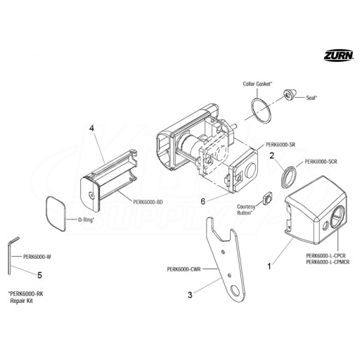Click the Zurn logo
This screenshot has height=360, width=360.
[x=339, y=56]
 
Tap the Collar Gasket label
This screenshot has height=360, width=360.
[x=257, y=84]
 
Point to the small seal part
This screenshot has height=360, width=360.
[x=290, y=95]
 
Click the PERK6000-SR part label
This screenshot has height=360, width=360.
[x=281, y=145]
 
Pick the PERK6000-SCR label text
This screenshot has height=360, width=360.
[x=321, y=162]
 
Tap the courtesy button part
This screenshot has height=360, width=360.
[x=267, y=198]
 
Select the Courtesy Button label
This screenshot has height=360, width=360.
[x=246, y=210]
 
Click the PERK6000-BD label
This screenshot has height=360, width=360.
[x=148, y=202]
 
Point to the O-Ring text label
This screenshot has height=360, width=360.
[x=86, y=220]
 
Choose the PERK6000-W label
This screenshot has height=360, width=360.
[x=37, y=257]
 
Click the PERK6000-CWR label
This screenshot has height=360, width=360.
[x=184, y=269]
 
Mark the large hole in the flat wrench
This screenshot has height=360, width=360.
[x=235, y=291]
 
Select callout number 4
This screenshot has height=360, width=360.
[x=91, y=128]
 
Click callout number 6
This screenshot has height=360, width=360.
[x=203, y=201]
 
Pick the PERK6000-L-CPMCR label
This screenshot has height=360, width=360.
[x=328, y=262]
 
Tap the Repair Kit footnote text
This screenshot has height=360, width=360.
[x=22, y=301]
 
